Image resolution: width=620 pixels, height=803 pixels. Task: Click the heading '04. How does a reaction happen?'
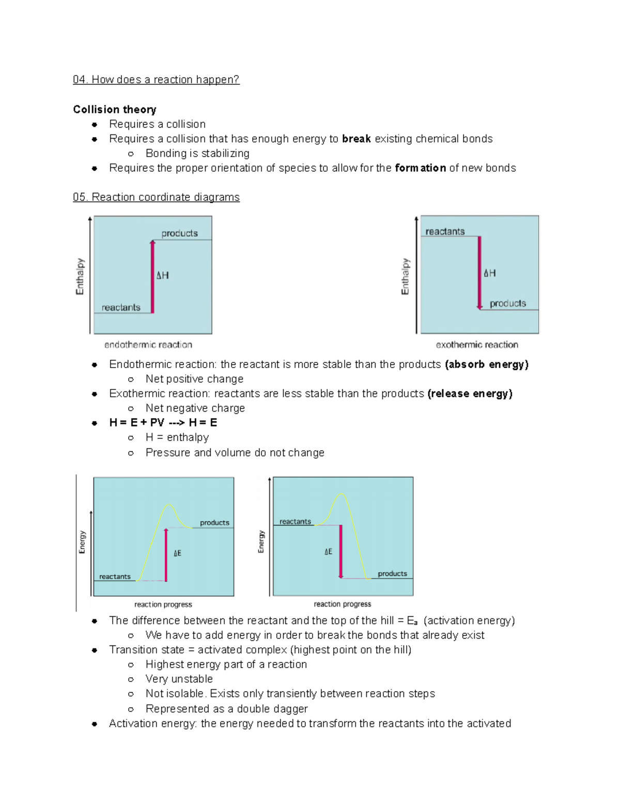tap(156, 80)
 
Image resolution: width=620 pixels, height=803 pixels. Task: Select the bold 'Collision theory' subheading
tap(115, 110)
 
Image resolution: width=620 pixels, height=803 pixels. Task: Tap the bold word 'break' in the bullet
tap(357, 139)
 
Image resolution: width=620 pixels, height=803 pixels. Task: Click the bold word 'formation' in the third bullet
tap(420, 168)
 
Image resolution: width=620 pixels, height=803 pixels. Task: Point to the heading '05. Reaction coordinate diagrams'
tap(156, 198)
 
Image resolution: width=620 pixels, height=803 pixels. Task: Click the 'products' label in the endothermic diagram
tap(179, 234)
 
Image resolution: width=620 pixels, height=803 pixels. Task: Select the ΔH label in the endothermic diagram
tap(163, 276)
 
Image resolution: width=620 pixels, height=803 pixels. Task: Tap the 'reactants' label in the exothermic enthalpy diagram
tap(445, 232)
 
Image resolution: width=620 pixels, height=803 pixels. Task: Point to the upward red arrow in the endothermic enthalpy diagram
tap(152, 277)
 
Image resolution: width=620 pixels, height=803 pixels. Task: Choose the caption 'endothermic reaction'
tap(148, 345)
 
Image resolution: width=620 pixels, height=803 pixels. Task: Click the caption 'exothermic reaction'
tap(477, 345)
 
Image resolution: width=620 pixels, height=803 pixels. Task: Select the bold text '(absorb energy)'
tap(487, 365)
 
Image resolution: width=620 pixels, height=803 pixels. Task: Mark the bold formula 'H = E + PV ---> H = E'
tap(163, 423)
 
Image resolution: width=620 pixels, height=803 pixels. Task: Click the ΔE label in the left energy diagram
tap(177, 553)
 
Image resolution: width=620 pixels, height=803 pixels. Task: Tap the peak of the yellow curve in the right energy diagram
tap(342, 495)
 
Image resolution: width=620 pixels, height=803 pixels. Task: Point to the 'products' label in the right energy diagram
tap(392, 573)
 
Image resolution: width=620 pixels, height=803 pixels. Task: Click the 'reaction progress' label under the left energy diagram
tap(163, 604)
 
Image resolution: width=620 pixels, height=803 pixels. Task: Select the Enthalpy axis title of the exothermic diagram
tap(405, 277)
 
